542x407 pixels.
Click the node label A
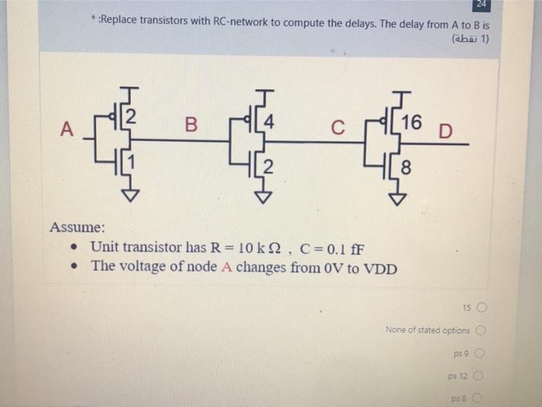(67, 131)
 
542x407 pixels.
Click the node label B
(191, 124)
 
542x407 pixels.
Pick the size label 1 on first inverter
(132, 162)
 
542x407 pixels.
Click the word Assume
(77, 227)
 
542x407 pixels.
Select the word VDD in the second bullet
(379, 268)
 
